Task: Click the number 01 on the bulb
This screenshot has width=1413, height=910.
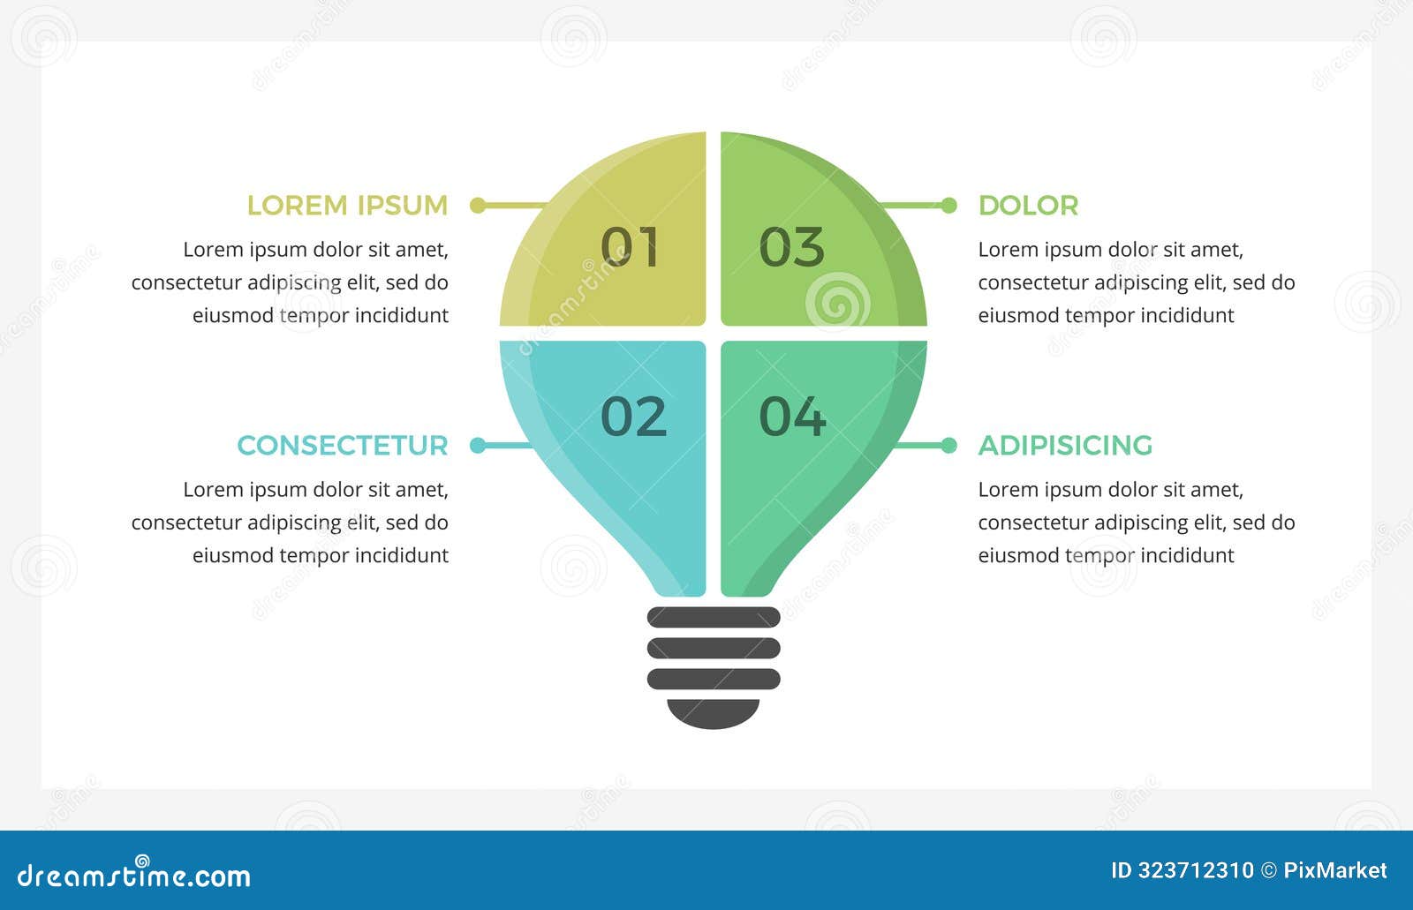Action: (x=630, y=247)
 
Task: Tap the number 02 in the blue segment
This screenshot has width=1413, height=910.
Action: (x=633, y=417)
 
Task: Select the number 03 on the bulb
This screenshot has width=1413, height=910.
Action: (x=791, y=247)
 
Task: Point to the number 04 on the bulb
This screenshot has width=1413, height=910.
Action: (x=792, y=417)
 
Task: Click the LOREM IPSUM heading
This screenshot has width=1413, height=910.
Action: (x=347, y=206)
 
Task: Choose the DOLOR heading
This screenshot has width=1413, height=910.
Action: (x=1028, y=206)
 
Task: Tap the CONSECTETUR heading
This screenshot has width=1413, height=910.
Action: (x=343, y=446)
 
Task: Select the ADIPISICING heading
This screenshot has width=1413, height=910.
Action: (x=1065, y=446)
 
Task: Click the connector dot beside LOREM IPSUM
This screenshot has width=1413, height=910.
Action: (x=478, y=206)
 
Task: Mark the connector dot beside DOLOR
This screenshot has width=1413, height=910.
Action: (x=949, y=206)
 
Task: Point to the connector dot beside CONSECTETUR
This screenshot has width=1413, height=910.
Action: (x=478, y=446)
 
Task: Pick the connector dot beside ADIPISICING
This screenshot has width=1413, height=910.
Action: (x=949, y=446)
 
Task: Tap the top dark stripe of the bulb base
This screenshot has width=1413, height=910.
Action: (x=714, y=617)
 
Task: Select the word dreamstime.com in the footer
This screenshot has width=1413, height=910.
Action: (x=134, y=876)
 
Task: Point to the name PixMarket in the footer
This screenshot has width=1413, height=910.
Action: (x=1334, y=871)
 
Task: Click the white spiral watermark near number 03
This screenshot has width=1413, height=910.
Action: (x=837, y=303)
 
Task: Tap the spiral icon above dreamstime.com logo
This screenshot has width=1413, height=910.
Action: (x=141, y=860)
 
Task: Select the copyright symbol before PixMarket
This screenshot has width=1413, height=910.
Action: (x=1268, y=871)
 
